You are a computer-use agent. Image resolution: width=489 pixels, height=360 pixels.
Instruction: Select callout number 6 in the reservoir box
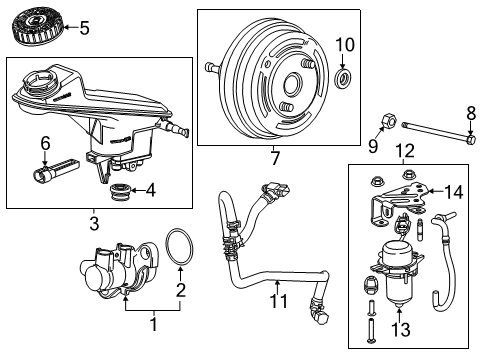[44, 144]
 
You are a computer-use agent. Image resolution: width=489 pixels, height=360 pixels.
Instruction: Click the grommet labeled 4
[120, 190]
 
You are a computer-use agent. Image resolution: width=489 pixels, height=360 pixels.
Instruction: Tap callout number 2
[180, 292]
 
